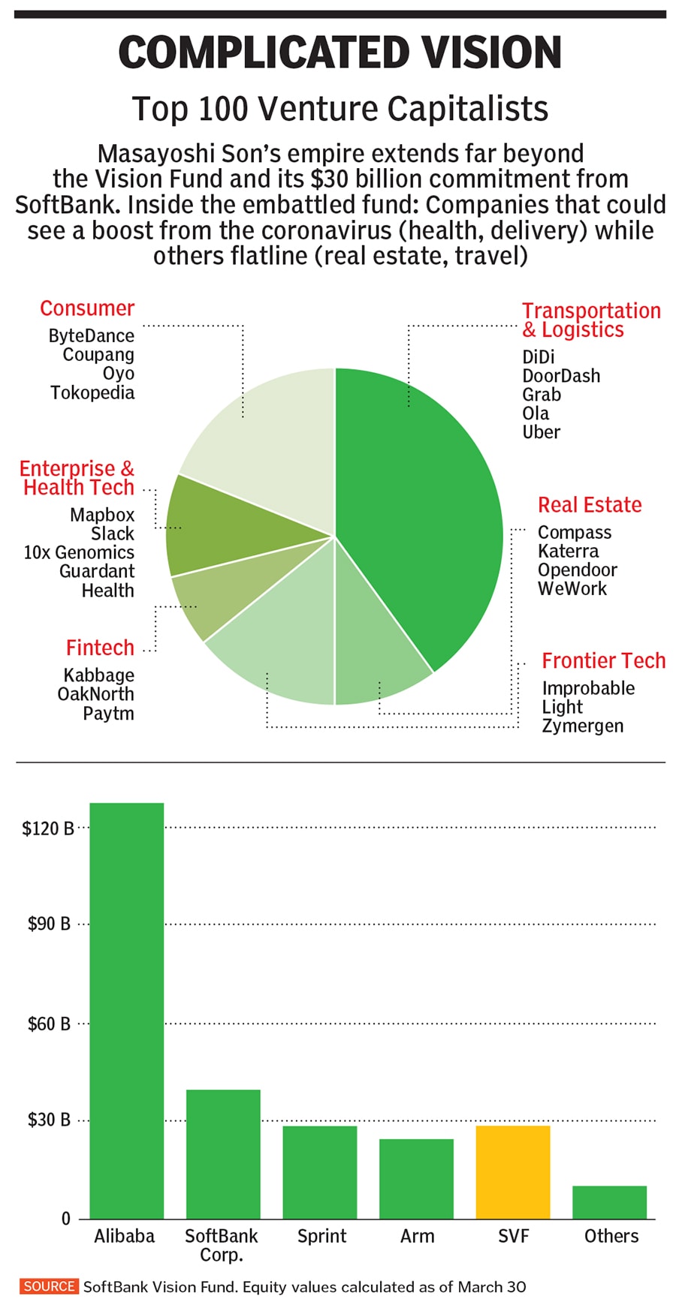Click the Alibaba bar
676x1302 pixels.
[126, 1009]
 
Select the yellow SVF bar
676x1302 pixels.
[513, 1171]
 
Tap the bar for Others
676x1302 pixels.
[609, 1201]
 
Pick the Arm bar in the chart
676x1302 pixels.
[416, 1178]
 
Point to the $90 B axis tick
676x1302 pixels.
[49, 924]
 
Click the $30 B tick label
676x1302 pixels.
[49, 1120]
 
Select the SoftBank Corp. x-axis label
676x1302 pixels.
[221, 1244]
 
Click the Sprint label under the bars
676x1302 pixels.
[321, 1236]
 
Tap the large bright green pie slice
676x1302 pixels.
[421, 510]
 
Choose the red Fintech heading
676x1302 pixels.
[100, 648]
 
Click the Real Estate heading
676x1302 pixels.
[590, 505]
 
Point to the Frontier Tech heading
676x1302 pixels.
[603, 660]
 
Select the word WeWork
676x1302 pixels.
[572, 588]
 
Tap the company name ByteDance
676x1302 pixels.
[91, 335]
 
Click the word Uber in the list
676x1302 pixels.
[541, 432]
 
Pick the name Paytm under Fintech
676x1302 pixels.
[108, 713]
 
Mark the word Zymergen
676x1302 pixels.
[582, 726]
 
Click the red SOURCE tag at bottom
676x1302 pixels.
[49, 1286]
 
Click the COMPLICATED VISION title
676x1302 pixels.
[340, 53]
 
